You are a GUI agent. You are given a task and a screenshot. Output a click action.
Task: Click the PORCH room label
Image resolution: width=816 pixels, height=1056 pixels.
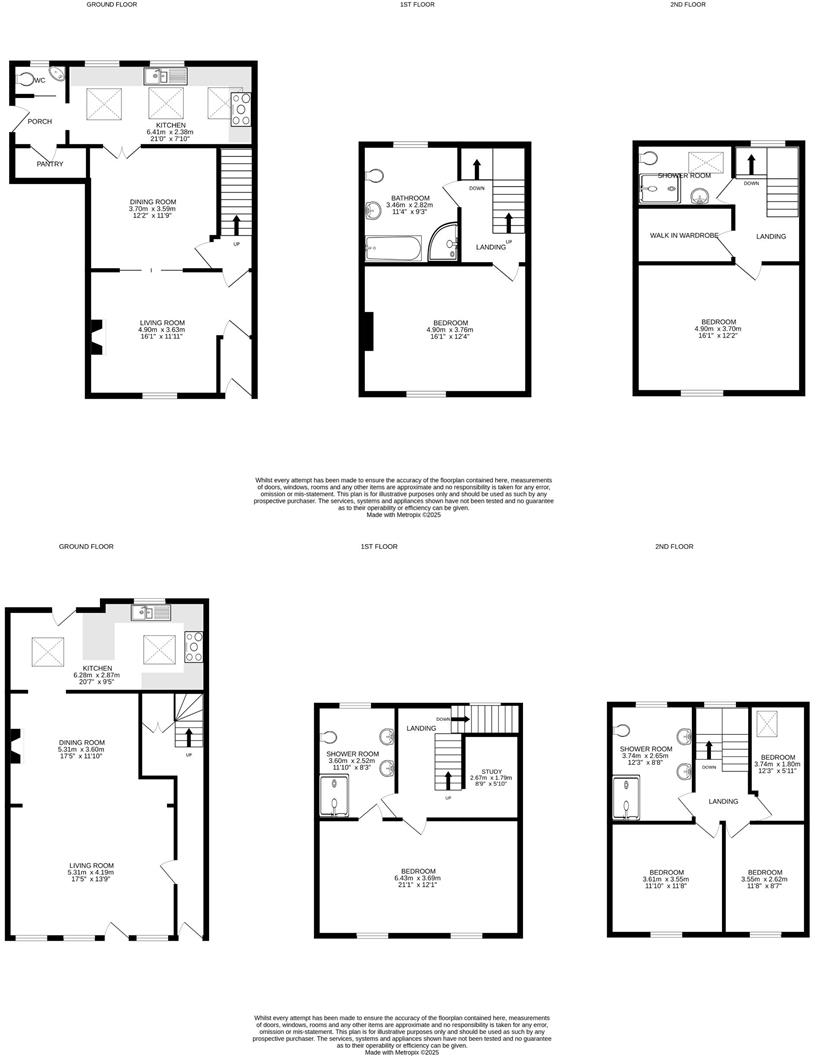click(39, 121)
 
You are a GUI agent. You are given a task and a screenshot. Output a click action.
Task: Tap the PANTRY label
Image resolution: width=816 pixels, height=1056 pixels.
click(50, 164)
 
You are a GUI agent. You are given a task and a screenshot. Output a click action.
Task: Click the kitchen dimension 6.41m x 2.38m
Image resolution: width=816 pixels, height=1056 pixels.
click(170, 132)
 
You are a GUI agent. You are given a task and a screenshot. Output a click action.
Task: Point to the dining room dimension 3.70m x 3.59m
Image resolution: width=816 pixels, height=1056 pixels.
click(153, 210)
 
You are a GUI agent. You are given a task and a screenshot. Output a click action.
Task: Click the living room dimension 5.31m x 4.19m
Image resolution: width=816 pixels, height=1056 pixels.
click(91, 873)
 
